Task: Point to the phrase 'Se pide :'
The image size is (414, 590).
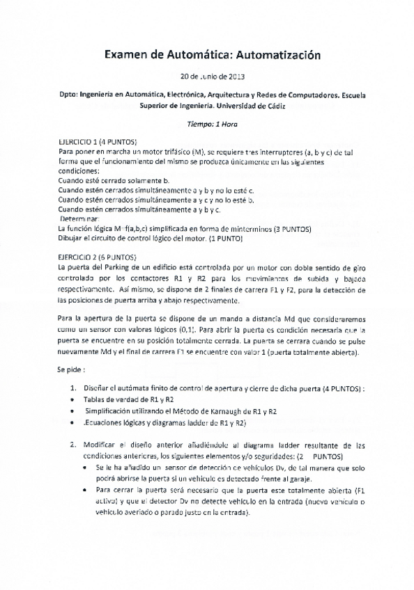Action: pos(73,370)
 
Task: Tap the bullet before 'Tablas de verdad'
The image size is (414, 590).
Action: pos(75,401)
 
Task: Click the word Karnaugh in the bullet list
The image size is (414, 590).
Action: pos(190,412)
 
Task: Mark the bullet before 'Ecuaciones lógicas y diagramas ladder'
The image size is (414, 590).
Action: pos(75,423)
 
